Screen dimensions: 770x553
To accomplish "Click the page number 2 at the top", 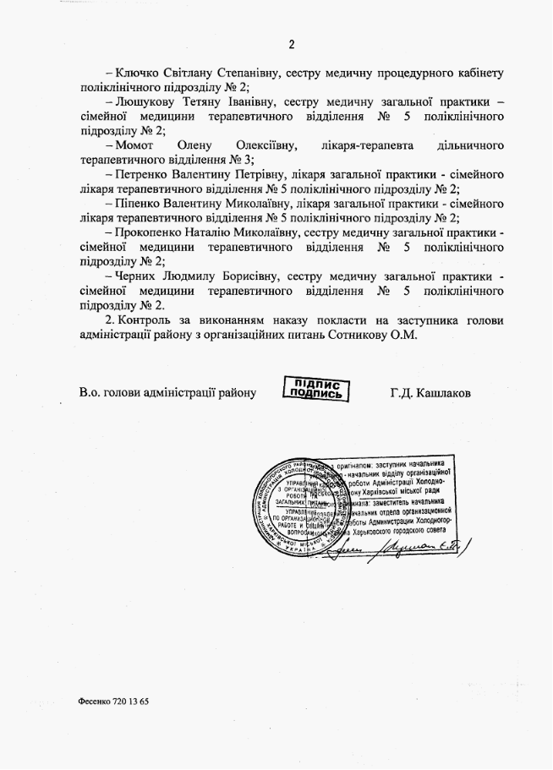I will pos(291,45).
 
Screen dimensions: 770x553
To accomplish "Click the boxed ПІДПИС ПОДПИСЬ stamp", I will pos(315,390).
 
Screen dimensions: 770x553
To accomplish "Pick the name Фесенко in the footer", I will pos(93,702).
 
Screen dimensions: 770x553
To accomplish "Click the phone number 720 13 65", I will pos(129,702).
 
